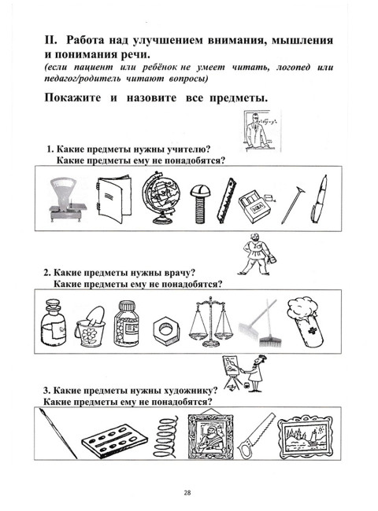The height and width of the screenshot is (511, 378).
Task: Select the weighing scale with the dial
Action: tap(64, 197)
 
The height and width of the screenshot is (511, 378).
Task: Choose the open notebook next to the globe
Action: tap(109, 197)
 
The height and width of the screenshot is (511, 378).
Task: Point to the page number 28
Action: tap(188, 492)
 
